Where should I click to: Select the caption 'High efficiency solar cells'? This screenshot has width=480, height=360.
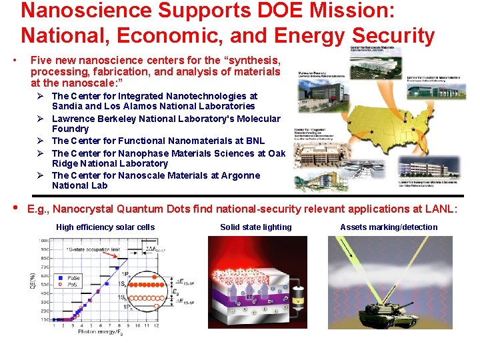coord(105,227)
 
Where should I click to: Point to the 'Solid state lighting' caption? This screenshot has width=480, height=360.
coord(256,227)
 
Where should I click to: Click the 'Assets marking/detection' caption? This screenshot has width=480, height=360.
coord(389,227)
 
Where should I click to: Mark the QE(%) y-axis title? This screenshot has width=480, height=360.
coord(32,279)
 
